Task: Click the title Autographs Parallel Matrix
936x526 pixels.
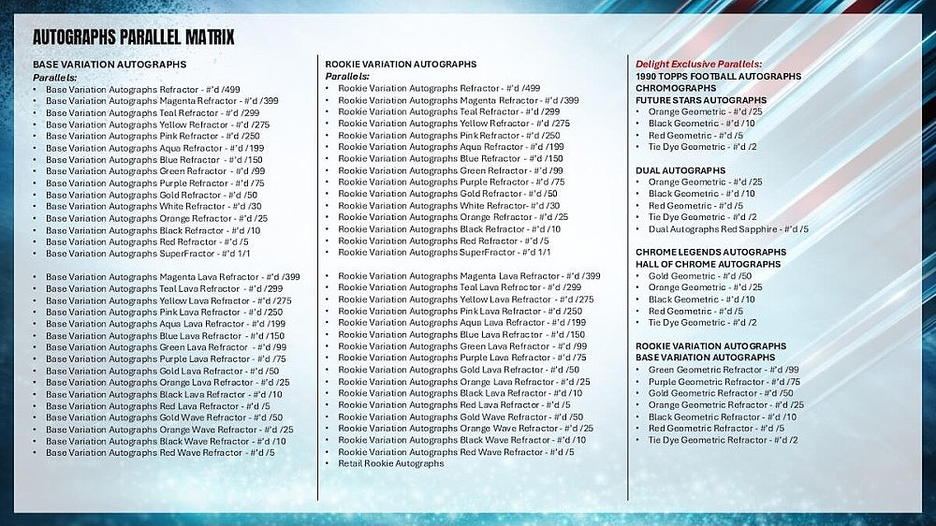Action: click(133, 37)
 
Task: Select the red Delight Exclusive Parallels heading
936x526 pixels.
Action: click(698, 64)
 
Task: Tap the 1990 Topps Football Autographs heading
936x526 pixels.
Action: click(718, 76)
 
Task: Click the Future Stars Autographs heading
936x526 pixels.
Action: click(701, 100)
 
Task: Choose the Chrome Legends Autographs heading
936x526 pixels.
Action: click(710, 252)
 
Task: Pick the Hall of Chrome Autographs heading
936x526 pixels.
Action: click(708, 264)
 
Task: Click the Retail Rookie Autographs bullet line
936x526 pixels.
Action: click(390, 463)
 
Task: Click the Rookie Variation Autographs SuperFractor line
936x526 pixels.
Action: click(444, 253)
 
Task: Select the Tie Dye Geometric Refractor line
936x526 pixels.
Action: click(723, 440)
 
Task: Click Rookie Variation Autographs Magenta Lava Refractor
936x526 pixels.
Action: click(469, 276)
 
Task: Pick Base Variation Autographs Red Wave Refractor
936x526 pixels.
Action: click(159, 452)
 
